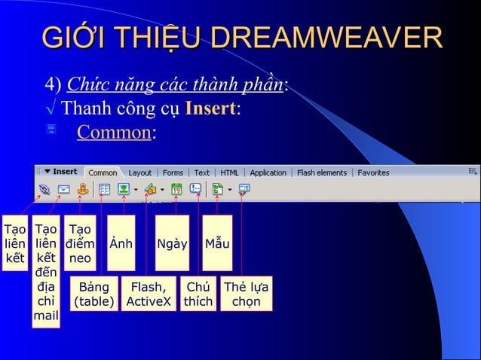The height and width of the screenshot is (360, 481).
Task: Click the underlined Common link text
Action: (115, 133)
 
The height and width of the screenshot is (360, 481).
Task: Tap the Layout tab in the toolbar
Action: (139, 172)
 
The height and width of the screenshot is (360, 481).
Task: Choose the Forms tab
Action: (173, 172)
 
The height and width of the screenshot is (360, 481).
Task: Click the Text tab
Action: (202, 172)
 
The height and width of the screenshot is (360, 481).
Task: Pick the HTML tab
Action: (229, 172)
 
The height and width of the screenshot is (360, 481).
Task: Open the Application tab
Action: (268, 172)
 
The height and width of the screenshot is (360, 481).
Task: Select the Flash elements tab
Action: (322, 172)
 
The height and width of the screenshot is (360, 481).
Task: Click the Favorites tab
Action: (373, 172)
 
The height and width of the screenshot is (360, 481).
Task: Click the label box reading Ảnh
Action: (121, 243)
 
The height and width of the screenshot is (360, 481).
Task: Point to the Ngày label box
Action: (172, 243)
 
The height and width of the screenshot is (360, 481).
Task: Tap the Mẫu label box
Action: (217, 243)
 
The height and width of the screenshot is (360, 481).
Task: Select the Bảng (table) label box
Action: (93, 294)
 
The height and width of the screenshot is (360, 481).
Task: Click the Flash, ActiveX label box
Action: (149, 294)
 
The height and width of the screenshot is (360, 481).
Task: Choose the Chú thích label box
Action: (198, 294)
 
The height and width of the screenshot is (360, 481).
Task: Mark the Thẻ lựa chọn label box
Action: (246, 294)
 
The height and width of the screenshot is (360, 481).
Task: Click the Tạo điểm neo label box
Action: (80, 243)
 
